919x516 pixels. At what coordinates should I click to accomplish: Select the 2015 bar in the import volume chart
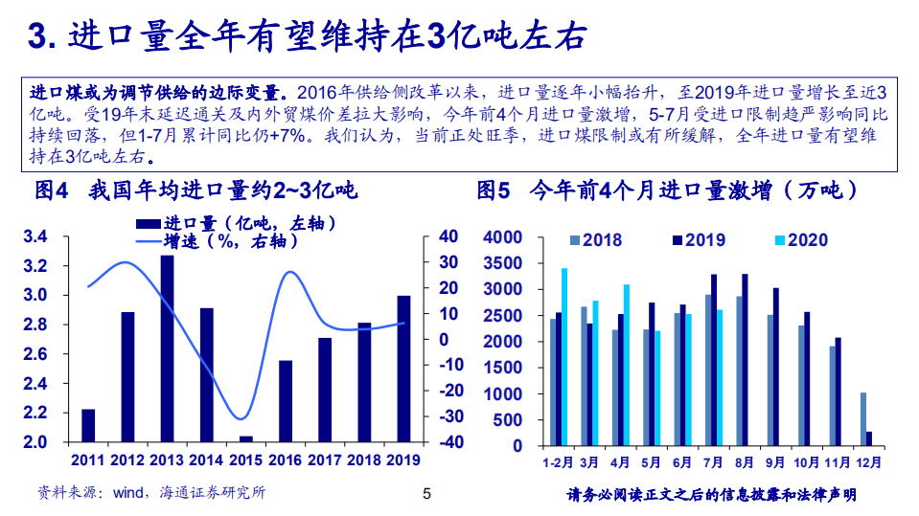245,438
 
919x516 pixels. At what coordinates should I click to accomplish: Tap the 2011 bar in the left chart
88,425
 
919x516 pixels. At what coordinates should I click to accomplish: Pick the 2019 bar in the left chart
403,369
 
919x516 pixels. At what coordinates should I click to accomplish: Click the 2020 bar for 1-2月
564,356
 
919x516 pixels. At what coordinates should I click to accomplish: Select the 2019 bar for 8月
745,359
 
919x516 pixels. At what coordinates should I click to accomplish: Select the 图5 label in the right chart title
494,191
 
